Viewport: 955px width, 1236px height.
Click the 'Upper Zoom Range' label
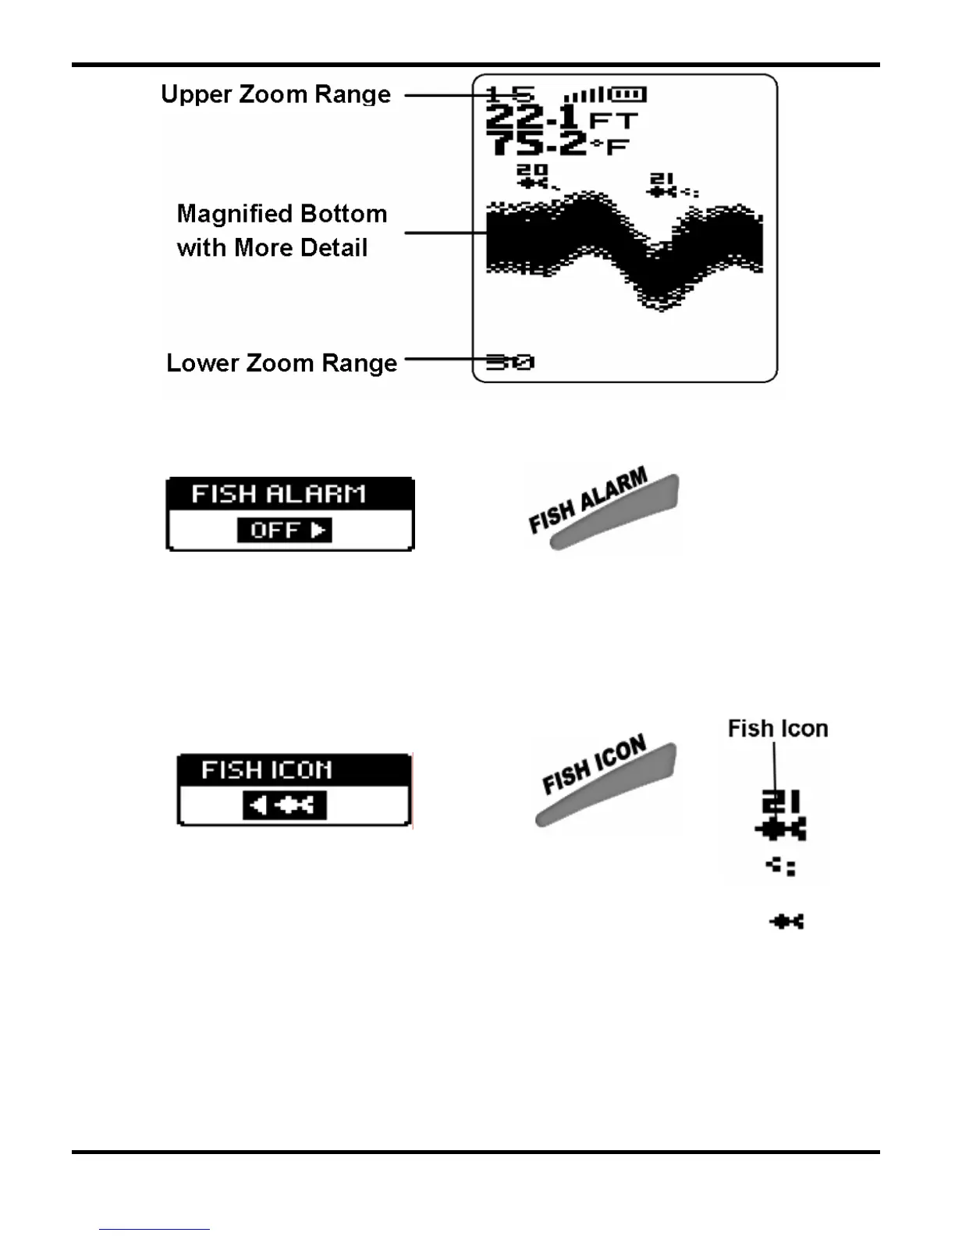coord(275,94)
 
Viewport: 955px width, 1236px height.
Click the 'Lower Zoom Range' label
coord(282,363)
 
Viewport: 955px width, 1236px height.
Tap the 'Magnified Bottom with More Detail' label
coord(282,230)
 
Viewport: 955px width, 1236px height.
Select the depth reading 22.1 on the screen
coord(532,119)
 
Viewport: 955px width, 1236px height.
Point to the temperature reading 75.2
coord(537,144)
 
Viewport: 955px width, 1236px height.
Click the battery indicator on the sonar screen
coord(627,94)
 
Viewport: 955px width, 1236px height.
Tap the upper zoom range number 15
coord(510,94)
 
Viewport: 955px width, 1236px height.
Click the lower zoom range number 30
coord(510,361)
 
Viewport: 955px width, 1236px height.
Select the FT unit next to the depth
coord(614,121)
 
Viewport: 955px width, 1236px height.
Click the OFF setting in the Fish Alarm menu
coord(284,530)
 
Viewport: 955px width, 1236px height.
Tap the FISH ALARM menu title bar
coord(289,494)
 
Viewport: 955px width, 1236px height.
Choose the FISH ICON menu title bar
coord(293,769)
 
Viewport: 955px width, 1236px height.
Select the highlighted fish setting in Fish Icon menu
coord(284,804)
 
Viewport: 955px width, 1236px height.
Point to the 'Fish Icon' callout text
coord(777,728)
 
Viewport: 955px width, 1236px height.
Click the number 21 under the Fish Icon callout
coord(780,802)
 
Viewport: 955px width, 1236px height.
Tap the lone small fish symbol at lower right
coord(786,922)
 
